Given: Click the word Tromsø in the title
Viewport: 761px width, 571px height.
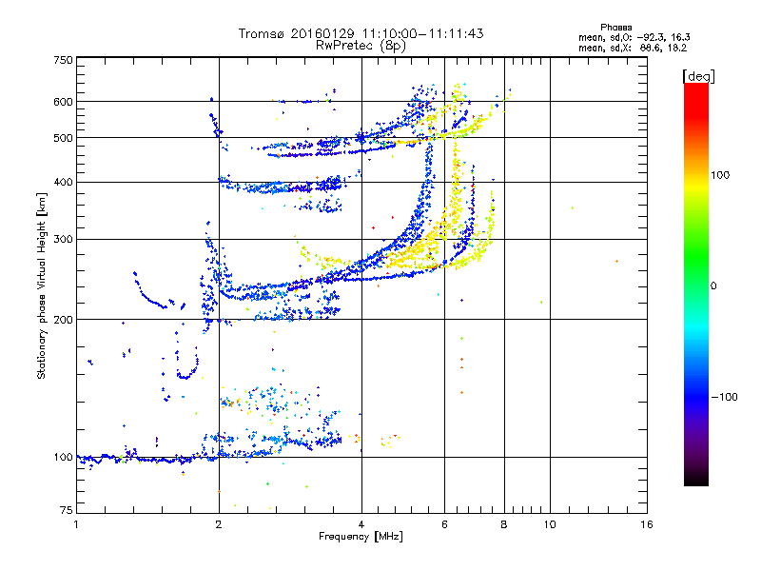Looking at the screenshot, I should (262, 33).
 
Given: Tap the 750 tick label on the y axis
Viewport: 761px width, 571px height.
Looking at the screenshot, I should (64, 59).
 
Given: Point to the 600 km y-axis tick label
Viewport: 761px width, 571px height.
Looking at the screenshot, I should (64, 102).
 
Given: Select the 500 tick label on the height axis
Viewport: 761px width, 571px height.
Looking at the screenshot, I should (64, 138).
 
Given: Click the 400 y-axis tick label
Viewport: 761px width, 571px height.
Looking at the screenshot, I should (64, 182).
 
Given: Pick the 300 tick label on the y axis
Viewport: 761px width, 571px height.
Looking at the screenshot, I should (64, 239).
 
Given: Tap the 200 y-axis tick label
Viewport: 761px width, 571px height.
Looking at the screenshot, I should (64, 319).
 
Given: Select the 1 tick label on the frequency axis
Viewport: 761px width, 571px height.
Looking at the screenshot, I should (76, 524).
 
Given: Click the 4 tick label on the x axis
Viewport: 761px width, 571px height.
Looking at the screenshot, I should (361, 524).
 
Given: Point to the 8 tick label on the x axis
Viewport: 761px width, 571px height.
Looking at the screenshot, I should (504, 524).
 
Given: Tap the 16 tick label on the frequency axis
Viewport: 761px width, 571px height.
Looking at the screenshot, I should (646, 524).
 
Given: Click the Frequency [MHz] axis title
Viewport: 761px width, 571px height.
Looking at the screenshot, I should (361, 537).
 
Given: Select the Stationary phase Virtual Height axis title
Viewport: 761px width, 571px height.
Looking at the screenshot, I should (42, 285).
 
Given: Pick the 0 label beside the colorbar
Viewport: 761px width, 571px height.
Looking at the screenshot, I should (713, 285).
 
